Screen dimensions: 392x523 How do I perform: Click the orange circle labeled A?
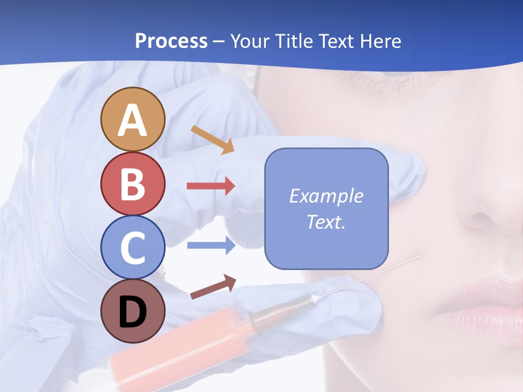(132, 119)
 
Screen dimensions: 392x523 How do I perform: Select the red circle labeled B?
(132, 183)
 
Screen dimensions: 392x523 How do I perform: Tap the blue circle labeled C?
(132, 247)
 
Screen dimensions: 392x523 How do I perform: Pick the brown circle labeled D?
(132, 311)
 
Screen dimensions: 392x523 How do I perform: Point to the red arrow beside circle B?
(211, 186)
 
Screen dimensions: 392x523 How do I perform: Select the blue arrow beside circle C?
(211, 246)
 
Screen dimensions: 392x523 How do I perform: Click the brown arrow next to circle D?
(213, 287)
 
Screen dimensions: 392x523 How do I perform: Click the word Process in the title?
(171, 41)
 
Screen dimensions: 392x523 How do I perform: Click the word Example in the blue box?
(326, 196)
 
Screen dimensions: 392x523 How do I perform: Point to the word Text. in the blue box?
(326, 222)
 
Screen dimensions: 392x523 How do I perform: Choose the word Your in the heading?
(250, 41)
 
